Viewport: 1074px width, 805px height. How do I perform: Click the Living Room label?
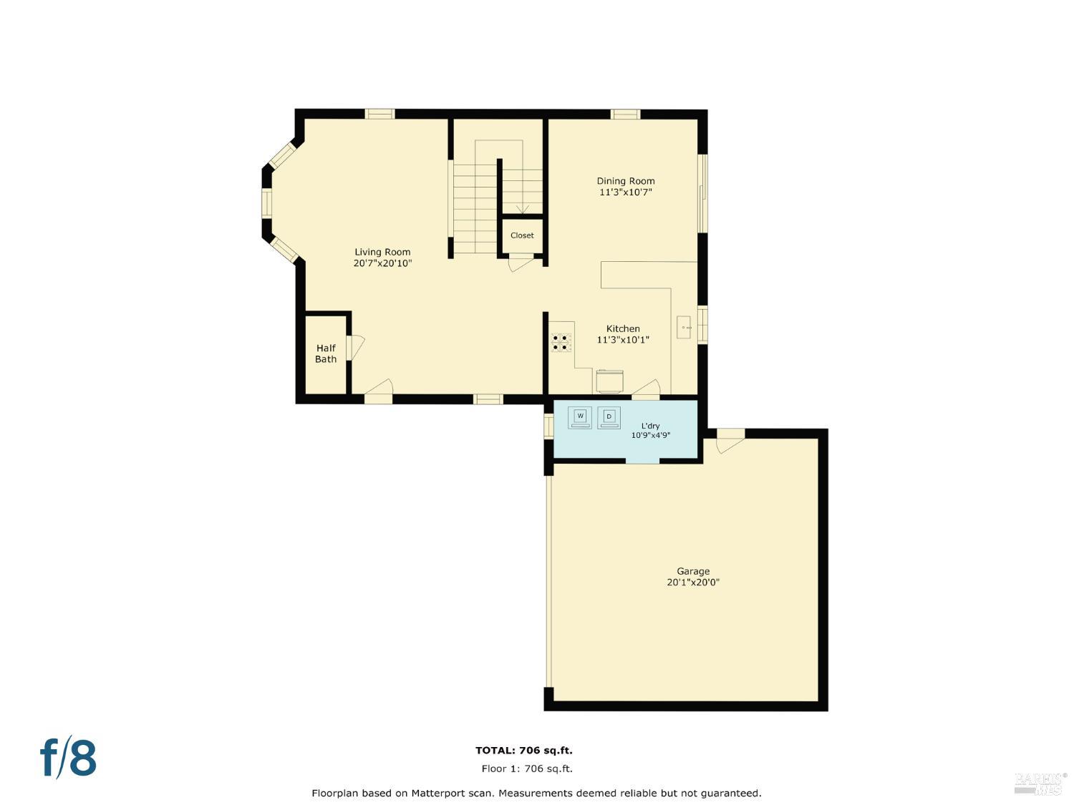point(382,252)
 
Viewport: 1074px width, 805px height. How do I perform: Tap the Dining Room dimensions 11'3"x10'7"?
point(625,192)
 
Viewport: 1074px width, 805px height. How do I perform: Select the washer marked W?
point(580,417)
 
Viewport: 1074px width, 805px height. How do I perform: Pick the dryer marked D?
point(609,417)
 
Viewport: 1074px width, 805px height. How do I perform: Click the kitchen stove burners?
point(561,342)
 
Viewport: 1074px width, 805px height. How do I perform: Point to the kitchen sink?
point(684,327)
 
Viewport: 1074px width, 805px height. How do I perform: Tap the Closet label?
point(522,235)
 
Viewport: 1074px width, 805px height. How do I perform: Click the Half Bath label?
point(326,353)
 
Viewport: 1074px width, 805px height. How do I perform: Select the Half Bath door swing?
point(356,348)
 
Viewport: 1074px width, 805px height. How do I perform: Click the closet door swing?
point(521,263)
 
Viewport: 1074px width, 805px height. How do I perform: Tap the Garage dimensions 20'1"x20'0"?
point(693,582)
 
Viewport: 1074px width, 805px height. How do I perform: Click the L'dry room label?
point(650,426)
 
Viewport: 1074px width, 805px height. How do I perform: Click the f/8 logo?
point(69,757)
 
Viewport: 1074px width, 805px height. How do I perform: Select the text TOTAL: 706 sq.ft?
point(524,750)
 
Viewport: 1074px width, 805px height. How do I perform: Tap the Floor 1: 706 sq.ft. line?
point(527,769)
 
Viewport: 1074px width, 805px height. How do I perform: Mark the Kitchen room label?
point(623,328)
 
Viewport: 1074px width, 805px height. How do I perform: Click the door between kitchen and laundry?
point(646,389)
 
